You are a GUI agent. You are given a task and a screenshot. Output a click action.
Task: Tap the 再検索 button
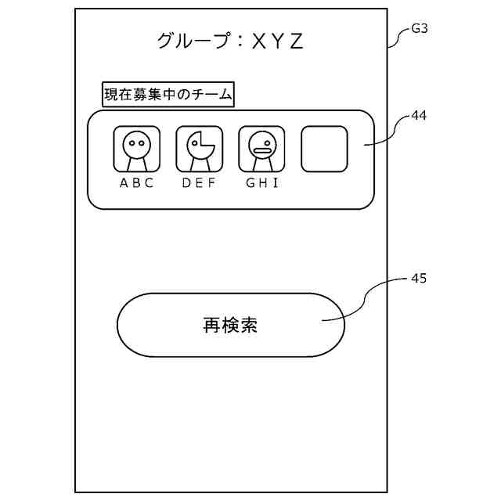tap(231, 325)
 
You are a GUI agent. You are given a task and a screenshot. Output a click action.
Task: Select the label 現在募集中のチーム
tap(168, 95)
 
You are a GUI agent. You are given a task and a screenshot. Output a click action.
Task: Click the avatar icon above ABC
tap(137, 150)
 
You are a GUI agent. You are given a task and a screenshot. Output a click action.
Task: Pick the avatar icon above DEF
tap(199, 150)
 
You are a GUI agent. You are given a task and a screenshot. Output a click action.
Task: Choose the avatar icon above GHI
tap(261, 150)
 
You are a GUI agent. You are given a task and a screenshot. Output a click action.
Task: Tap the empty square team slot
tap(324, 150)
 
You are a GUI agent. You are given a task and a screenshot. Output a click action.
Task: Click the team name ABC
tap(137, 183)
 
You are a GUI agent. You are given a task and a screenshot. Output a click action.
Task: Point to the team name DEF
tap(199, 183)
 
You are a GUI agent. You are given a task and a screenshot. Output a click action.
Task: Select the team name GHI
tap(262, 183)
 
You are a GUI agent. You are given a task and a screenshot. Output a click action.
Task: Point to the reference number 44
tap(420, 115)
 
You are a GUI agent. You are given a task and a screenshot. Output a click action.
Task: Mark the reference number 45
tap(420, 279)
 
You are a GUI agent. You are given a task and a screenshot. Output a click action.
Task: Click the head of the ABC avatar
tap(137, 143)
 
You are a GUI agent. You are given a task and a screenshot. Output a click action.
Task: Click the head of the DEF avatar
tap(199, 143)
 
